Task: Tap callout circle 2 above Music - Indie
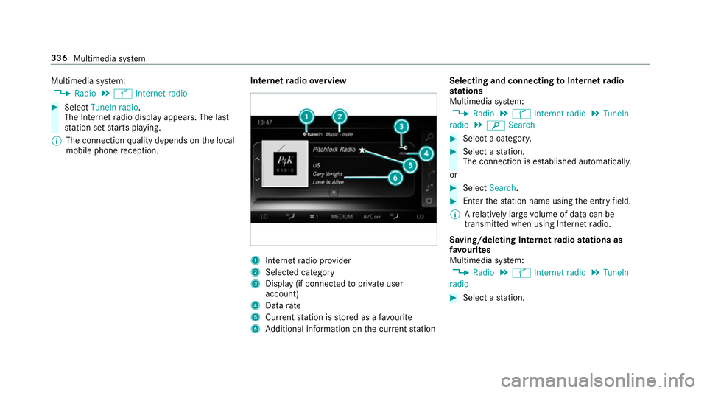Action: (x=340, y=116)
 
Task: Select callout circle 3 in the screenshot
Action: (x=401, y=128)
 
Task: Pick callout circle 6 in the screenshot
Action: (x=396, y=178)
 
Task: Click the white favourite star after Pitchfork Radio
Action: (x=362, y=150)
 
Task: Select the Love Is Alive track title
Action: (x=329, y=182)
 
